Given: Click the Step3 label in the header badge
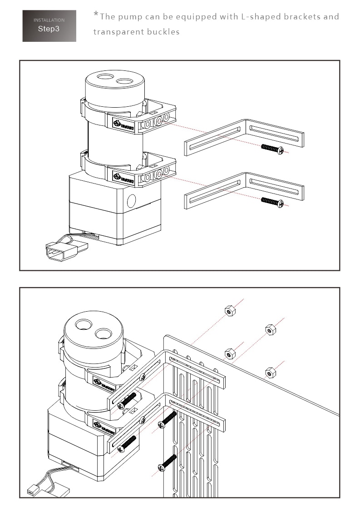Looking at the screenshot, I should [x=49, y=29].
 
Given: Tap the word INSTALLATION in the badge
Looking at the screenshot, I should [x=49, y=20].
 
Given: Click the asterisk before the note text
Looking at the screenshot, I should [x=96, y=14].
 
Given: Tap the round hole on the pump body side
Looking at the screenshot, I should [x=131, y=199].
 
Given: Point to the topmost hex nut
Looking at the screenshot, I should [x=229, y=311].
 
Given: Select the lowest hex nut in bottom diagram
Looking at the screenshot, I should [x=270, y=373].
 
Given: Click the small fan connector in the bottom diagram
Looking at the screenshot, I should [x=32, y=490].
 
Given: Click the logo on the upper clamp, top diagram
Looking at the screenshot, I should [x=122, y=123].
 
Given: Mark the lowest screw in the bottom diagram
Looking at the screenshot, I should [x=167, y=463].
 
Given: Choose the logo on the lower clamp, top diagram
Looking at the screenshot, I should [x=122, y=174].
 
